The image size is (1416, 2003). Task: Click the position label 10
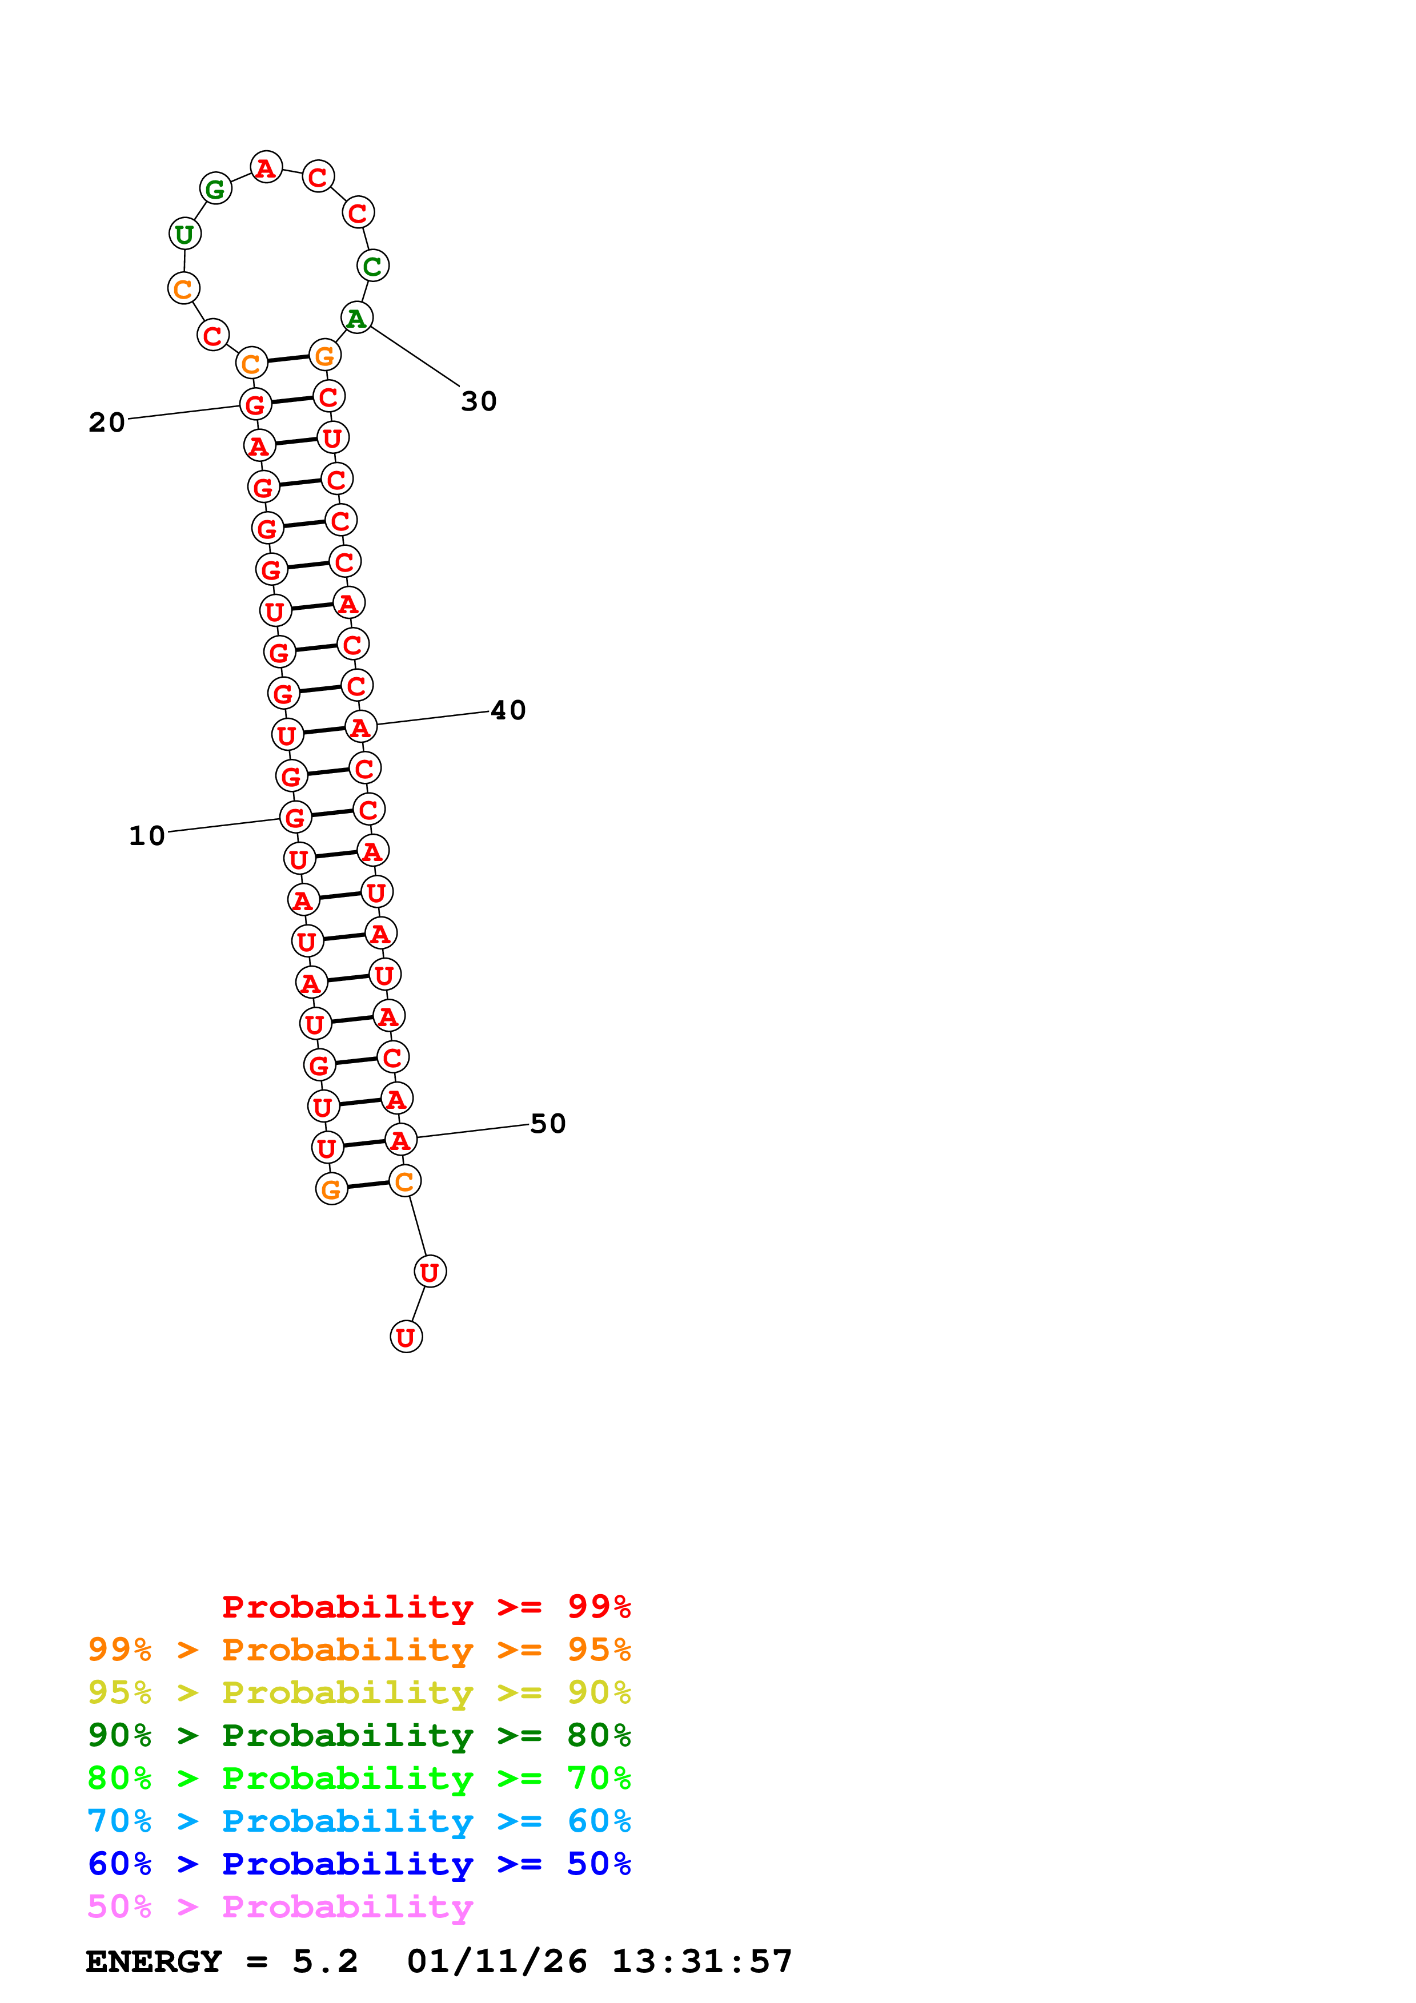(147, 836)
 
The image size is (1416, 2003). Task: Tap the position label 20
(106, 422)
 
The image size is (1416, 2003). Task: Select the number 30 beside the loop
(479, 401)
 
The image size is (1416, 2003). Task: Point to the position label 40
(508, 710)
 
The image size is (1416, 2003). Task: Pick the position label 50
(548, 1124)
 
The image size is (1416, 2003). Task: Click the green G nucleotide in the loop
(215, 188)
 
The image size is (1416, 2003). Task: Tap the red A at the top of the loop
(266, 167)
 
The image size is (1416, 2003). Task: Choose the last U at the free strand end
(406, 1337)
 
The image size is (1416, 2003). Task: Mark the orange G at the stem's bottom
(331, 1188)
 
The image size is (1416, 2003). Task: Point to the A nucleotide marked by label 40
(361, 727)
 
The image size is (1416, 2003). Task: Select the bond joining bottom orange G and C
(367, 1185)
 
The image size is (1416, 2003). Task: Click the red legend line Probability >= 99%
(426, 1606)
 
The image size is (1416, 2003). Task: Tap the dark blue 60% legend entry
(359, 1864)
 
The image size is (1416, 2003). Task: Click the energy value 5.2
(324, 1961)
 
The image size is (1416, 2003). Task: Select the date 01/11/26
(496, 1961)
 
